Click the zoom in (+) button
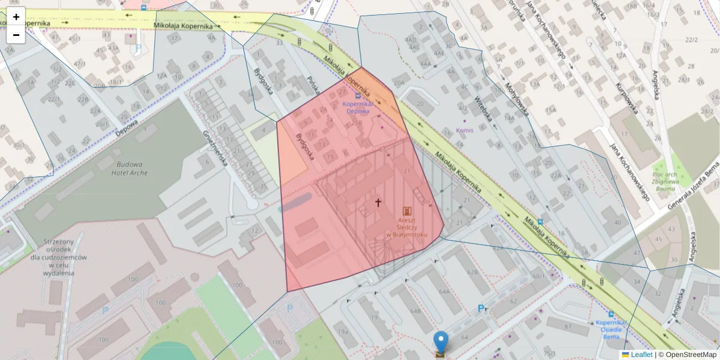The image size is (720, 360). pyautogui.click(x=16, y=17)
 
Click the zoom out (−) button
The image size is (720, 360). pyautogui.click(x=16, y=35)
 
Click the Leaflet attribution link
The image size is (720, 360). pyautogui.click(x=637, y=355)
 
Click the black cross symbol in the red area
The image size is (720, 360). pyautogui.click(x=379, y=203)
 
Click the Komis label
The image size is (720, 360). pyautogui.click(x=465, y=130)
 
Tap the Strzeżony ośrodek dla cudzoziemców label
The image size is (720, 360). pyautogui.click(x=65, y=257)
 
